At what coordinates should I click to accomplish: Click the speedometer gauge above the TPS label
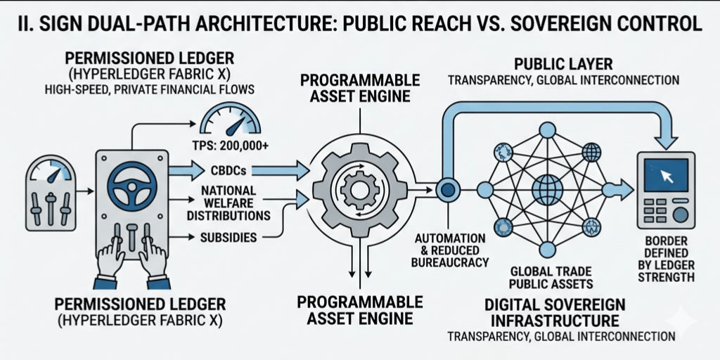click(231, 118)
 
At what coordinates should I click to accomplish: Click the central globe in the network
click(547, 189)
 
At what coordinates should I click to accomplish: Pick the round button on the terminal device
click(680, 213)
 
